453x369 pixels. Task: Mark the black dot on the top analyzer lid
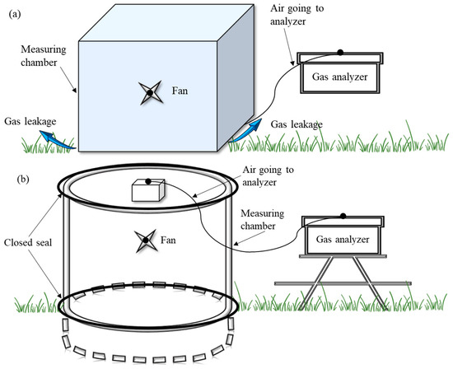tap(340, 54)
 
